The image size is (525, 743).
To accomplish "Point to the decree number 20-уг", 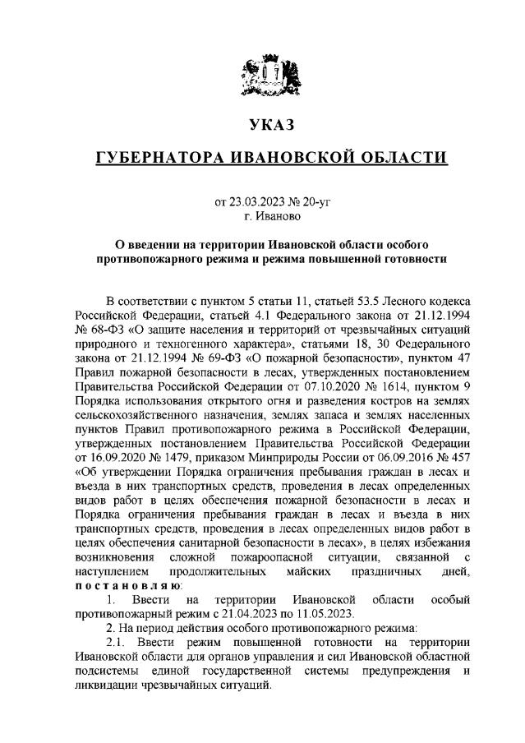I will point(309,201).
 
